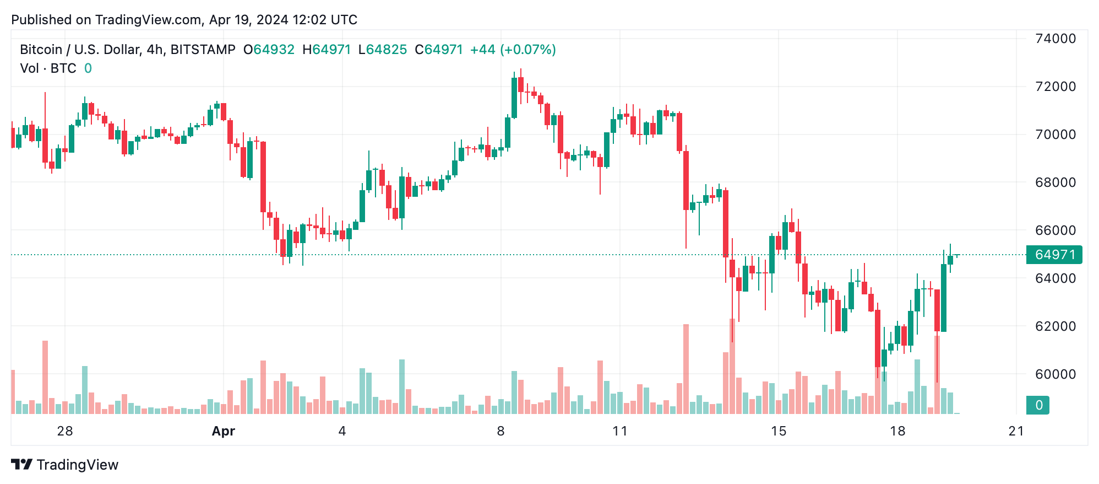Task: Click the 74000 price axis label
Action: pos(1055,39)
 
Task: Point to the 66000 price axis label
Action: pos(1055,230)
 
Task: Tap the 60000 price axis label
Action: pos(1055,374)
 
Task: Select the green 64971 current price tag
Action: pos(1054,255)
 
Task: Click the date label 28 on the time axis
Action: pos(65,431)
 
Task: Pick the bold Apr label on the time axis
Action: pos(224,431)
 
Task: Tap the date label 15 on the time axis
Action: pos(778,431)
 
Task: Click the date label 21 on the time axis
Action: pos(1016,431)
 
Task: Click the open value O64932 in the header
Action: pos(269,50)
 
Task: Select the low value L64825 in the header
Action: pos(382,50)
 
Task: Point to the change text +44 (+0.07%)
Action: pos(513,50)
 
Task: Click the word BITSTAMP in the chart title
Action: pos(203,50)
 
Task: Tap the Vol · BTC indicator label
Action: pos(48,68)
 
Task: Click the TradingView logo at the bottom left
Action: pos(65,465)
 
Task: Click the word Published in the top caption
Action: pos(41,20)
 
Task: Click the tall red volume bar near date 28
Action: pos(45,377)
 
